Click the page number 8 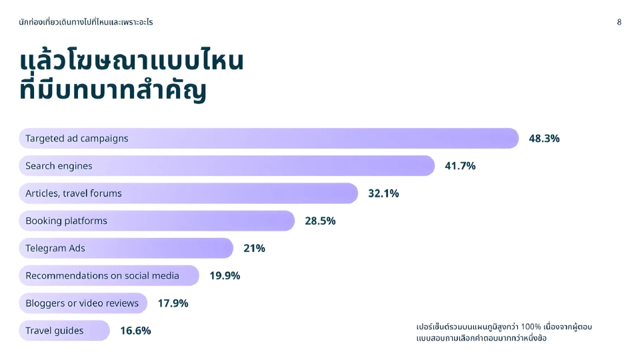click(x=619, y=22)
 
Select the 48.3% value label click(x=544, y=139)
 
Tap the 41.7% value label click(x=460, y=166)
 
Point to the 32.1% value click(x=383, y=193)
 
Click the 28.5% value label click(x=320, y=221)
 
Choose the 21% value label click(x=254, y=248)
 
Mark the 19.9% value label click(x=225, y=275)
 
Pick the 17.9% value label click(x=173, y=303)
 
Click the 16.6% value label click(x=135, y=331)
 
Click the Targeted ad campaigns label click(x=77, y=139)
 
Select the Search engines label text click(x=59, y=166)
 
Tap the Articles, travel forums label click(x=73, y=193)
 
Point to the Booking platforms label click(x=66, y=221)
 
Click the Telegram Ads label click(x=55, y=248)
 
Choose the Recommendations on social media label click(x=102, y=275)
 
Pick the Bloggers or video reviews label click(x=82, y=303)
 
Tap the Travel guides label click(x=55, y=331)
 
